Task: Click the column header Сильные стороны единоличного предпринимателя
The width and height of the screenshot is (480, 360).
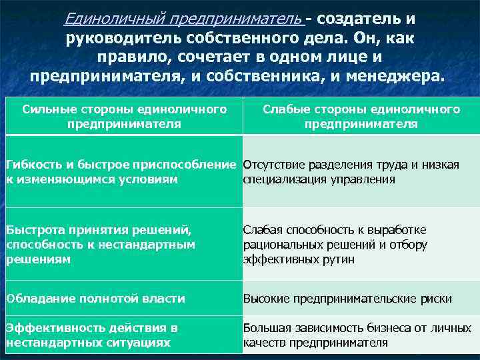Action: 124,116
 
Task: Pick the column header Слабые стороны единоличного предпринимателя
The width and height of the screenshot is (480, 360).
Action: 361,116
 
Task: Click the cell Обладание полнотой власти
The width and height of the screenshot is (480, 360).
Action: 96,299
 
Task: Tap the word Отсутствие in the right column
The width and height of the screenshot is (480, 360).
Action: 273,165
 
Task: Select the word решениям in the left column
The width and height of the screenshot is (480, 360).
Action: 38,259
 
